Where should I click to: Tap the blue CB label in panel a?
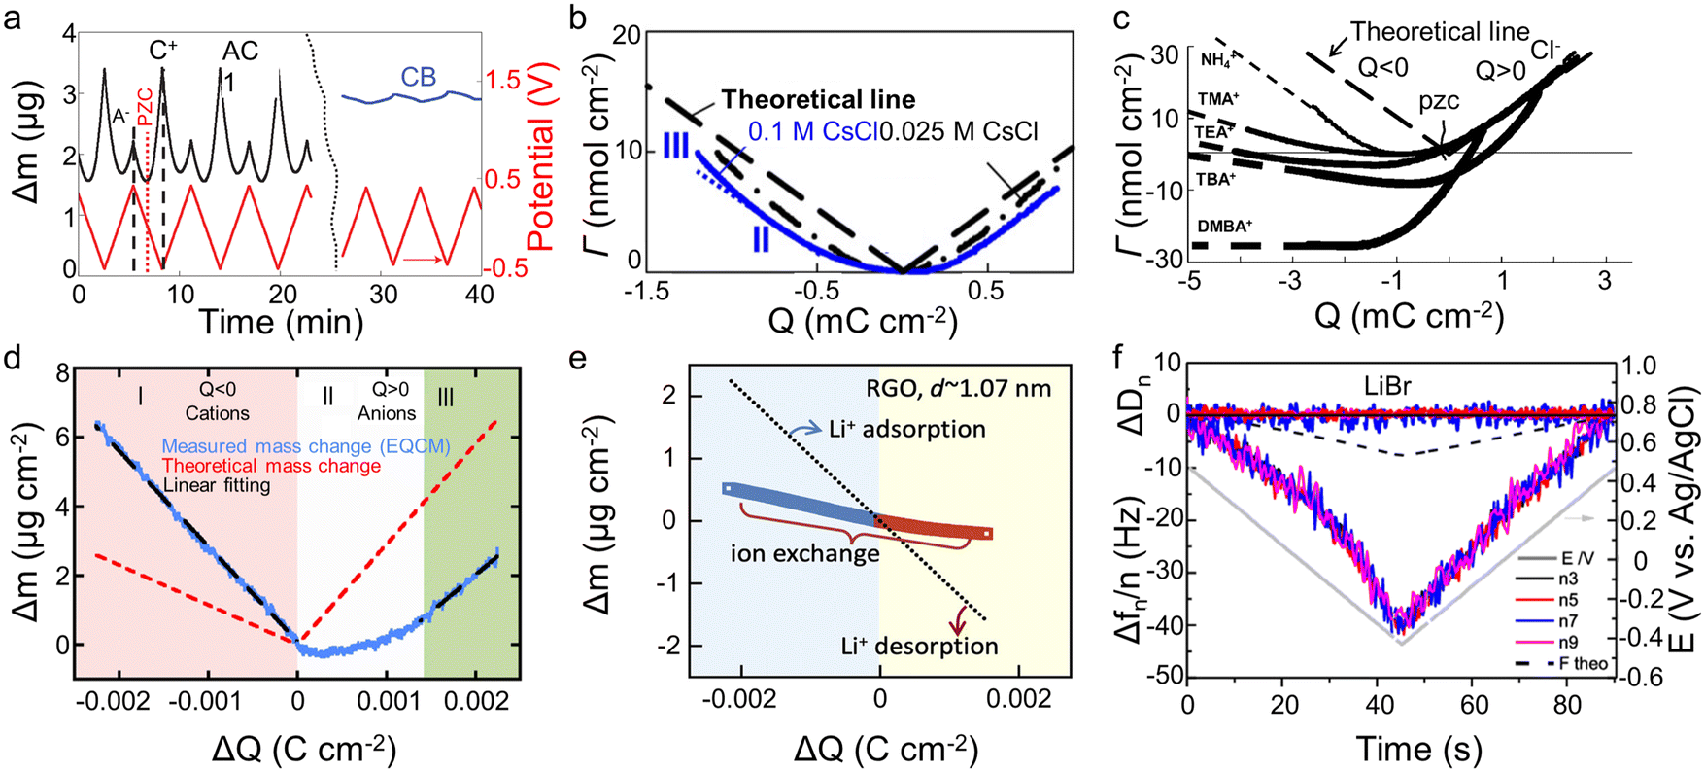coord(418,78)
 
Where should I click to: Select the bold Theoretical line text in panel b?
coord(818,100)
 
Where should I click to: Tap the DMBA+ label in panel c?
coord(1225,226)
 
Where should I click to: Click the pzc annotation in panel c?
coord(1438,101)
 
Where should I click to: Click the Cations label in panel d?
coord(217,413)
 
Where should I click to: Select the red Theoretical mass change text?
coord(271,466)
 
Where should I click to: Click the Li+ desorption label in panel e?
coord(919,646)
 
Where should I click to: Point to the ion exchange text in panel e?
coord(805,553)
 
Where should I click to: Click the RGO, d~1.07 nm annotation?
coord(958,389)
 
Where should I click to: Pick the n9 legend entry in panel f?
coord(1568,642)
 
